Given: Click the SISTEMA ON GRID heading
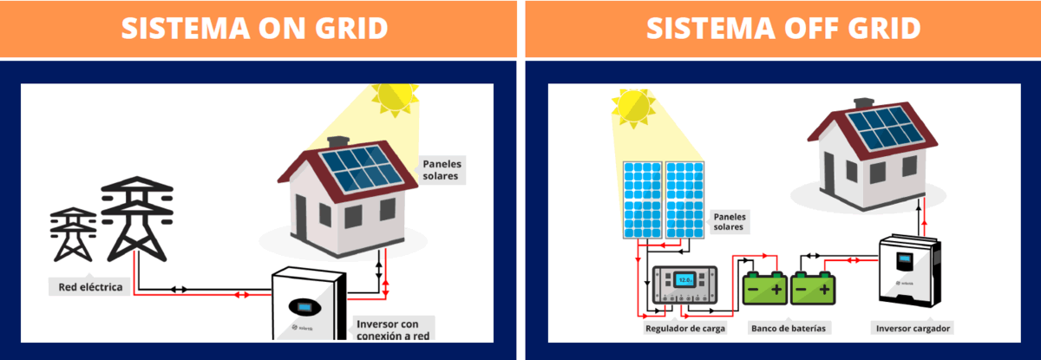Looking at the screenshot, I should click(x=253, y=29).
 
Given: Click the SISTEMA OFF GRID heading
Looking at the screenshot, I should click(x=782, y=29).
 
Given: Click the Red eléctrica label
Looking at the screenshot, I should click(x=90, y=287).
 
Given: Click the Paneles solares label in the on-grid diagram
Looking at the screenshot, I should click(x=442, y=169).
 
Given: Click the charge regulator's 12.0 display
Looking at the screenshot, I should click(x=685, y=280).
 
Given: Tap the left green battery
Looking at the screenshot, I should click(x=765, y=288).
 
